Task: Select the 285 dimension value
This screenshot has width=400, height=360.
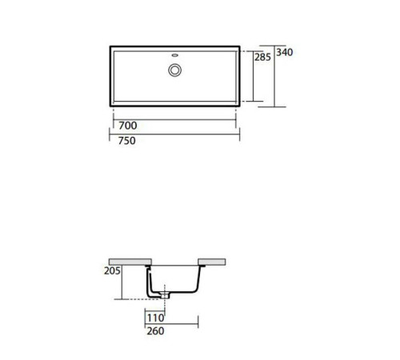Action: click(262, 58)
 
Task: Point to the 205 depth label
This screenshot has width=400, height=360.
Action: click(112, 272)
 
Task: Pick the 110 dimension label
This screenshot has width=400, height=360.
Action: click(154, 315)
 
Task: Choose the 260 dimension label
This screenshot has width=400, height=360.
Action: click(154, 328)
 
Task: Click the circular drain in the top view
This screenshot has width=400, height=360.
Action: click(174, 70)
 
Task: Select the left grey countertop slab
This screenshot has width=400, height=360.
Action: click(130, 262)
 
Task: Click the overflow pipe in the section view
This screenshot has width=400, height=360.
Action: click(149, 282)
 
